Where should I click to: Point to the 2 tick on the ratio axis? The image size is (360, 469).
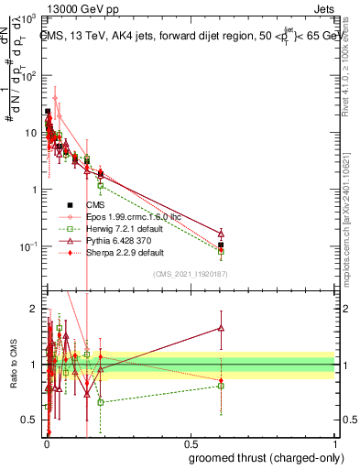point(34,308)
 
